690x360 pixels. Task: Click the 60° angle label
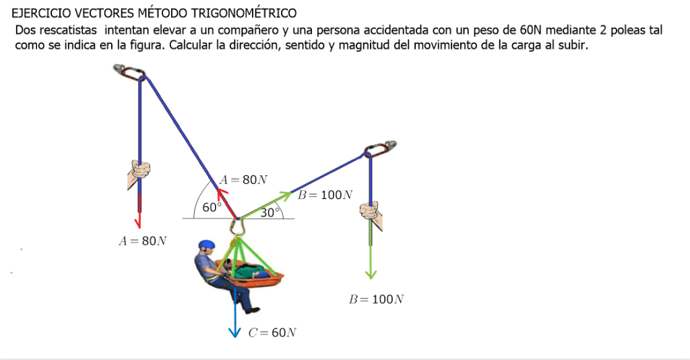211,207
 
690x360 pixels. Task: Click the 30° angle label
270,212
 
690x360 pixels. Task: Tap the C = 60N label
272,332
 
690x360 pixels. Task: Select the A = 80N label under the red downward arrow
143,241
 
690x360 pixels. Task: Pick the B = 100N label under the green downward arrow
376,299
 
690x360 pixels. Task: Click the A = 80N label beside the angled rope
243,179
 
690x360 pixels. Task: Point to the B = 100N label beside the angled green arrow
325,195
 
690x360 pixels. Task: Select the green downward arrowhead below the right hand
371,274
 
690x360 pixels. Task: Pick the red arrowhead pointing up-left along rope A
222,193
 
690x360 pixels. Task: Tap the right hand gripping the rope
371,214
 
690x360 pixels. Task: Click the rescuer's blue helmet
206,245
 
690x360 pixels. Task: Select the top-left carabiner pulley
129,73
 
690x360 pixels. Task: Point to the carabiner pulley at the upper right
380,149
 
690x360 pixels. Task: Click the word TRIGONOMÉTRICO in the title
244,13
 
